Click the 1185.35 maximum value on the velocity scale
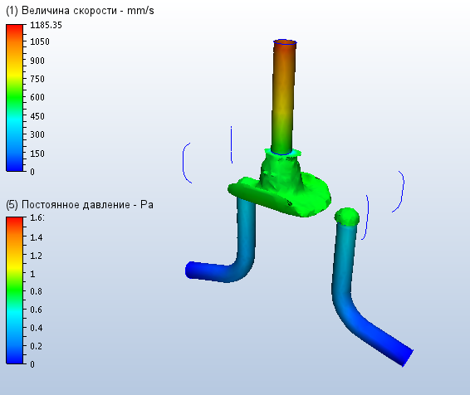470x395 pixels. click(46, 25)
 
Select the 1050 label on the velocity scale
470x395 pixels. click(40, 41)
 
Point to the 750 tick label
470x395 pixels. click(37, 79)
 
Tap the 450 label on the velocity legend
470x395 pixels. click(37, 116)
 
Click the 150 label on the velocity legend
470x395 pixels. click(37, 154)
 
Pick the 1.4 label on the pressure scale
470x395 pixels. click(37, 238)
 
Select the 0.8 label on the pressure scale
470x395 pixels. click(37, 291)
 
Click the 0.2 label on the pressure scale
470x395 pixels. click(37, 346)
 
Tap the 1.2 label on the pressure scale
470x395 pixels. click(37, 256)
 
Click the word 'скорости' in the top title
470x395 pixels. click(95, 11)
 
